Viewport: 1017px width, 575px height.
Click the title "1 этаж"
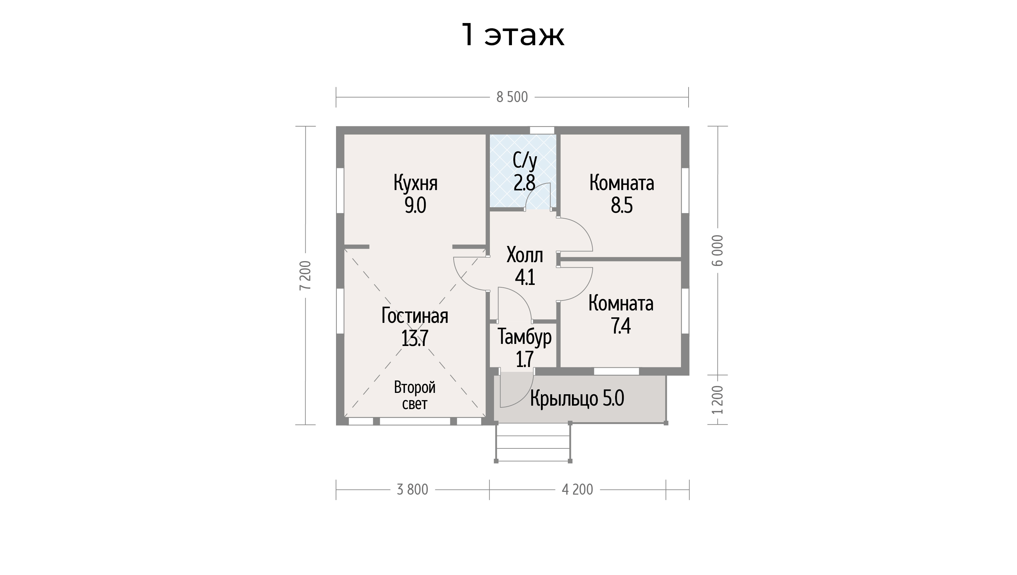[513, 36]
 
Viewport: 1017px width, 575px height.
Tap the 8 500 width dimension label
[512, 97]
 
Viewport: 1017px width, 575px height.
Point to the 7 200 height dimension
[305, 275]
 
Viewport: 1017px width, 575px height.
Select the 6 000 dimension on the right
[718, 250]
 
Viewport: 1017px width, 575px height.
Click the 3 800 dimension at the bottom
[412, 490]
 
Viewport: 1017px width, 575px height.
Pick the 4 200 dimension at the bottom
[577, 490]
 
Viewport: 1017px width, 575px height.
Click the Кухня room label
[415, 183]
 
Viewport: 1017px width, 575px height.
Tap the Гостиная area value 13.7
[415, 338]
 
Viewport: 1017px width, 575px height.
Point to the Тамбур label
[524, 337]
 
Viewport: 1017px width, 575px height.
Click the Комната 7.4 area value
[621, 326]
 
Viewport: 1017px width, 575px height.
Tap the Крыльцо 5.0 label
[577, 398]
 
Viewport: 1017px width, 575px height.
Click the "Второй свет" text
[415, 395]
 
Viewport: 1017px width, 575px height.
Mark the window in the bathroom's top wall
[542, 130]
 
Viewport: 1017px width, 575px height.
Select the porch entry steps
[533, 442]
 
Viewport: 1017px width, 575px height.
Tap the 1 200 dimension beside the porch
[718, 400]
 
